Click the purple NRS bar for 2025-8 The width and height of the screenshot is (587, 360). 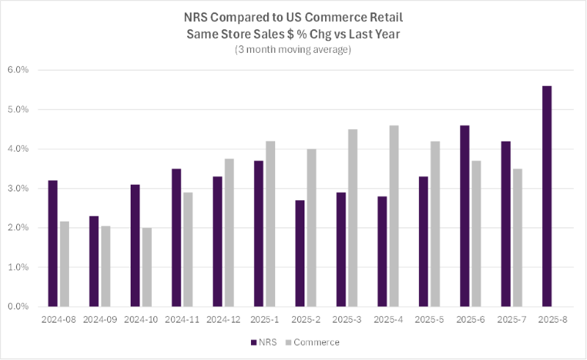(x=547, y=196)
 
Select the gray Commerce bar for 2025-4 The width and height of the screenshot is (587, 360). (x=394, y=216)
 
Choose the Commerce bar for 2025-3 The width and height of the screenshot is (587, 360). (x=353, y=218)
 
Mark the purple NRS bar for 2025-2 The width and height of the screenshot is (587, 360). (x=300, y=254)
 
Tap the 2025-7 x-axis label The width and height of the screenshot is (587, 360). (x=512, y=320)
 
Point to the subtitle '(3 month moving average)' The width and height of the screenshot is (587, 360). (x=293, y=51)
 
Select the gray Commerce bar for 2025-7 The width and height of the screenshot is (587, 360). (x=517, y=238)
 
